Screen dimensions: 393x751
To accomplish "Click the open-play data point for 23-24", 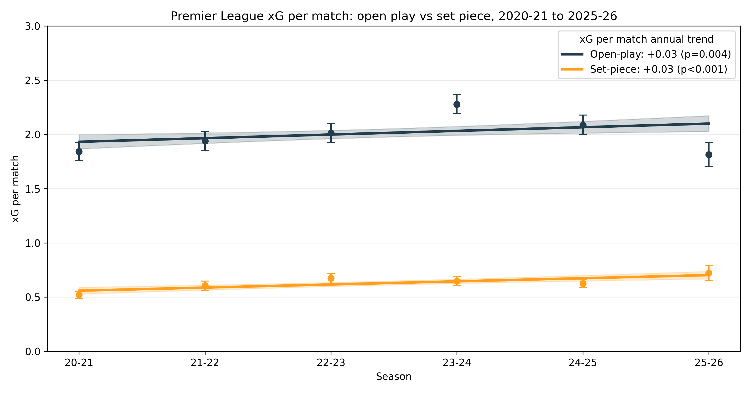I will tap(457, 104).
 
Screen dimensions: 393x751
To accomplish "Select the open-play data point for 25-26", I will tap(709, 155).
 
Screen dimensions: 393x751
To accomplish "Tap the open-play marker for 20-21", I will tap(79, 151).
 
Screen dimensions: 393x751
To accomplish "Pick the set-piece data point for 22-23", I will tap(331, 278).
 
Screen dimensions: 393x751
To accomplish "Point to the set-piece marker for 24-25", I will tap(583, 283).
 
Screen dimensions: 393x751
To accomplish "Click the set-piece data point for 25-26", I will tap(709, 273).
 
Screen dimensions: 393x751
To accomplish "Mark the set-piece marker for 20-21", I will tap(79, 295).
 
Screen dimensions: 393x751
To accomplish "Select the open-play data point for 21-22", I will tap(205, 141).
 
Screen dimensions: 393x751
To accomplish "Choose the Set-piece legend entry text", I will tap(658, 69).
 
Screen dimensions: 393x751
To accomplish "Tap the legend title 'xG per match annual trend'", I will tap(646, 39).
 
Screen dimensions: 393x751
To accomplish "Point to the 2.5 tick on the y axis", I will tap(33, 81).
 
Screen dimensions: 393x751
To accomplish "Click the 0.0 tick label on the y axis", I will tap(33, 352).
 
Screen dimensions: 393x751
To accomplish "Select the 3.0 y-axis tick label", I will tap(33, 26).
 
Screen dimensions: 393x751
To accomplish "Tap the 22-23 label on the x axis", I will tap(331, 363).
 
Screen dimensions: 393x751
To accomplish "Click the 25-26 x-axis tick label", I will tap(709, 363).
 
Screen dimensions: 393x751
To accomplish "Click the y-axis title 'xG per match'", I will tap(15, 189).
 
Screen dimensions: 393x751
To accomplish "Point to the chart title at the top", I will tap(394, 16).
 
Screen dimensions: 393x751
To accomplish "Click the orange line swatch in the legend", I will tap(572, 69).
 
